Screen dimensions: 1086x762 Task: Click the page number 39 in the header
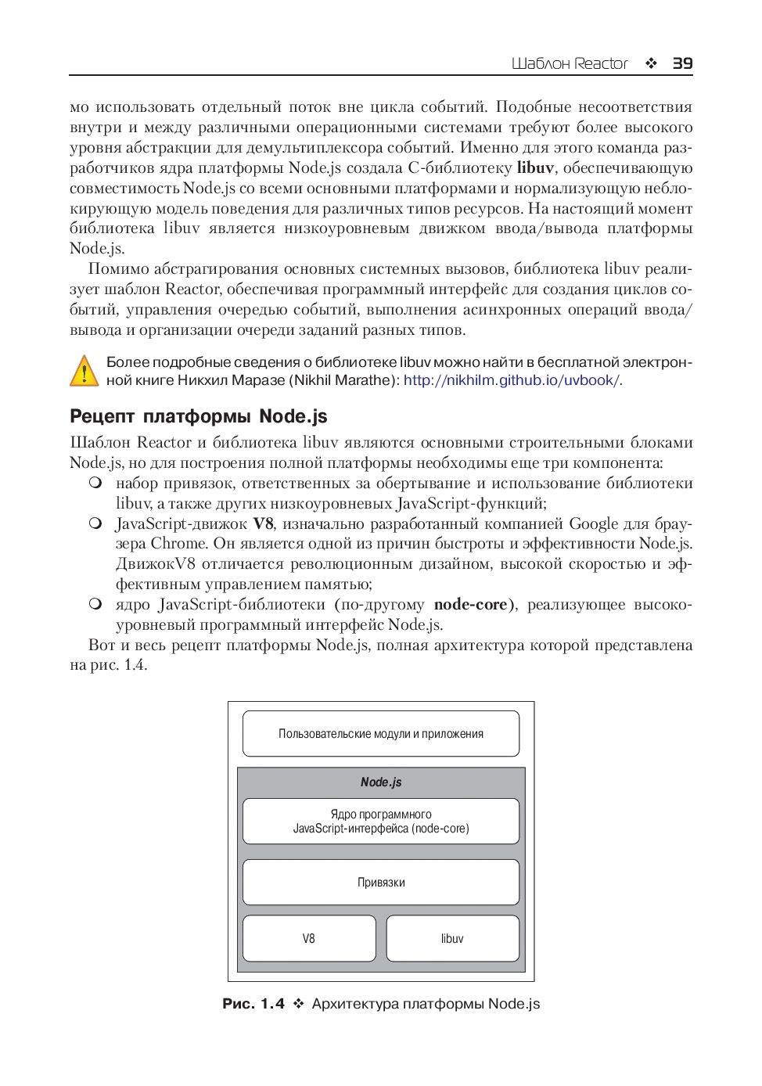(x=682, y=63)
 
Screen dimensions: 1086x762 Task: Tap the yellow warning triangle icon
(x=84, y=371)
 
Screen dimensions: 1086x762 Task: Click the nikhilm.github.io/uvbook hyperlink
(x=512, y=380)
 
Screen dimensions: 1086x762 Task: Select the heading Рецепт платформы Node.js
(x=199, y=415)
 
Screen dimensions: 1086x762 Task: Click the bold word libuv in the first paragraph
(x=535, y=167)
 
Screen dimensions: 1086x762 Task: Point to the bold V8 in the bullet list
(x=263, y=523)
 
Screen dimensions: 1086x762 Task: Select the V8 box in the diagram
(x=309, y=938)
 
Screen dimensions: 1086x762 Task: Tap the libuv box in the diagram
(x=452, y=938)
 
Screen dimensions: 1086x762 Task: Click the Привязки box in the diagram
(x=381, y=882)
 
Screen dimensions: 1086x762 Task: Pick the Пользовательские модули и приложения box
(x=381, y=733)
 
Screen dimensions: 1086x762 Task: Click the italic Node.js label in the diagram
(x=381, y=782)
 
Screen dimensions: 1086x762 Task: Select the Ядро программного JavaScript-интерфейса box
(x=381, y=821)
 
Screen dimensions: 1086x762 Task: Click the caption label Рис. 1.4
(x=253, y=1004)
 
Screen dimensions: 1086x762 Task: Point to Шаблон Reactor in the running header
(x=570, y=63)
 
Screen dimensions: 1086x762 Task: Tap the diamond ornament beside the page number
(x=651, y=63)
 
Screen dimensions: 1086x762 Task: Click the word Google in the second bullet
(x=594, y=523)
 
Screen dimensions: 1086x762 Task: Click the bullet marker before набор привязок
(x=95, y=483)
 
